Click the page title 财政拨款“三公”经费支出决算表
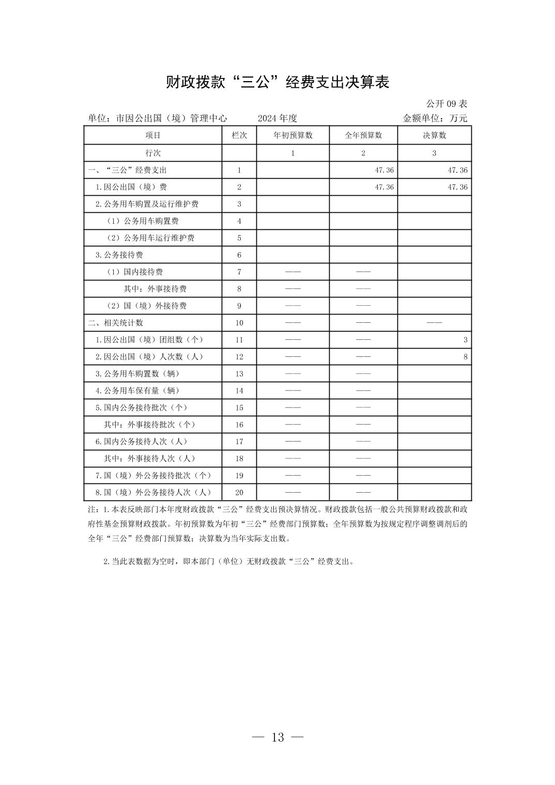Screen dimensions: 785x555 pyautogui.click(x=277, y=82)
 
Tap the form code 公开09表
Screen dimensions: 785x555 pyautogui.click(x=446, y=104)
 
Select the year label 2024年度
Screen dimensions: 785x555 pyautogui.click(x=277, y=118)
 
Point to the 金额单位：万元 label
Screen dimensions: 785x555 pyautogui.click(x=435, y=118)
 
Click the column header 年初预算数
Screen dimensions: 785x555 pyautogui.click(x=292, y=135)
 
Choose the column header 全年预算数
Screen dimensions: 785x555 pyautogui.click(x=363, y=135)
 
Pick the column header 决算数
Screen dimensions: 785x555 pyautogui.click(x=434, y=135)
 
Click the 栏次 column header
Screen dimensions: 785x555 pyautogui.click(x=239, y=135)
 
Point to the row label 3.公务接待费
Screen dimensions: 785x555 pyautogui.click(x=119, y=255)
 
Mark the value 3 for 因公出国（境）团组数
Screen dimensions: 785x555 pyautogui.click(x=465, y=340)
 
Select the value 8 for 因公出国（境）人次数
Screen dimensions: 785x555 pyautogui.click(x=465, y=357)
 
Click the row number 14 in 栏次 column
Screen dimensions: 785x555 pyautogui.click(x=239, y=391)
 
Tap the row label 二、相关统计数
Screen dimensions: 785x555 pyautogui.click(x=116, y=323)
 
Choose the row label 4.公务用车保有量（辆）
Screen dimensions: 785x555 pyautogui.click(x=137, y=391)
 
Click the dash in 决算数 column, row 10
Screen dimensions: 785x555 pyautogui.click(x=434, y=323)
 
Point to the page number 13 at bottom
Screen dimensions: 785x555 pyautogui.click(x=277, y=737)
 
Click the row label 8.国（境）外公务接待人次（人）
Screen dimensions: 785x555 pyautogui.click(x=153, y=493)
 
